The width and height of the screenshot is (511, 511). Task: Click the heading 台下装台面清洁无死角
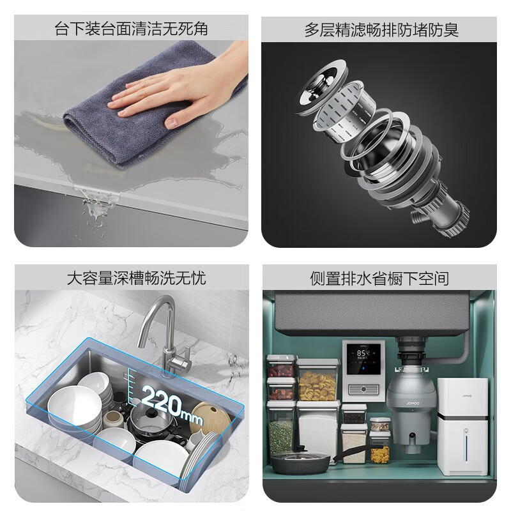pyautogui.click(x=130, y=29)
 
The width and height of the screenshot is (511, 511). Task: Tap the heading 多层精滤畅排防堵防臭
pyautogui.click(x=381, y=29)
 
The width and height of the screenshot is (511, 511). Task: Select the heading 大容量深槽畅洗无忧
pyautogui.click(x=130, y=278)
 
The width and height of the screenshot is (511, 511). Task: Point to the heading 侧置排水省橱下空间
pyautogui.click(x=381, y=278)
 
